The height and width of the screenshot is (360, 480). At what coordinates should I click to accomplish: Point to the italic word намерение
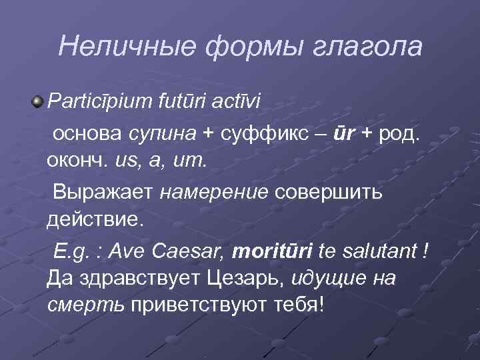tap(214, 193)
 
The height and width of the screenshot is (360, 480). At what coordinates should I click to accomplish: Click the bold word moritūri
tap(271, 253)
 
